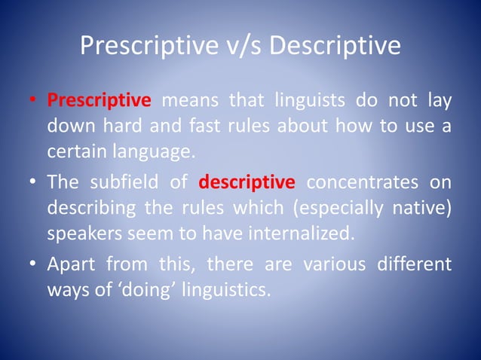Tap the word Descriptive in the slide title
coord(335,47)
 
